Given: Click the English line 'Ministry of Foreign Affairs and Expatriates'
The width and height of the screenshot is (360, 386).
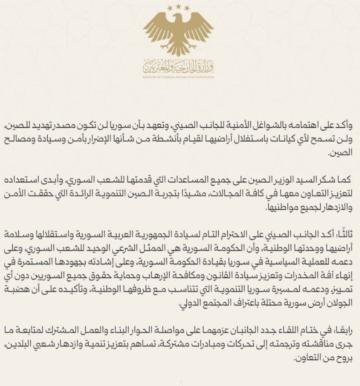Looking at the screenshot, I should click(x=179, y=77).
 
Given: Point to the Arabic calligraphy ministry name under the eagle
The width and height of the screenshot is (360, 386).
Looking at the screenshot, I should click(x=179, y=67).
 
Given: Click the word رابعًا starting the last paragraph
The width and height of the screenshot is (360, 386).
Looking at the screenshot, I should click(x=342, y=329).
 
